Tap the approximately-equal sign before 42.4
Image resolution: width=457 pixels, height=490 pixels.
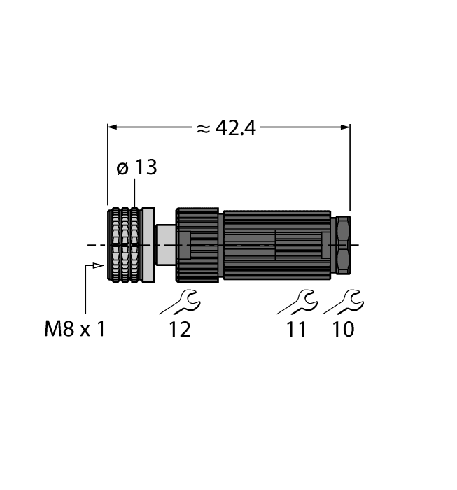tap(202, 128)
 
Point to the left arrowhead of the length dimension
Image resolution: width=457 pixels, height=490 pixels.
tap(113, 127)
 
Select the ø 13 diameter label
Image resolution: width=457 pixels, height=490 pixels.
tap(136, 168)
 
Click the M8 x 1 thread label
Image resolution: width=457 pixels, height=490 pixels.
tap(74, 329)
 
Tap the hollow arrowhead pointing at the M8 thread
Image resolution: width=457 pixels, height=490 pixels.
tap(96, 266)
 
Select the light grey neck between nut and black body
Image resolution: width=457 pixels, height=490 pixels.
tap(165, 245)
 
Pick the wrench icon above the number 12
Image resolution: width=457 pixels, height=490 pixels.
tap(180, 302)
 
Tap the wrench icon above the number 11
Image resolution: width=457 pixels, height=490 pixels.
tap(297, 302)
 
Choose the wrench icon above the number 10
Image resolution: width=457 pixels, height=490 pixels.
tap(342, 302)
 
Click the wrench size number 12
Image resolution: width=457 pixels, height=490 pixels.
tap(179, 329)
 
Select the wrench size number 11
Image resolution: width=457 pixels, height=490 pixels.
tap(297, 329)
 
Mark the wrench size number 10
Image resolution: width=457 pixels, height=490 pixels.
tap(342, 329)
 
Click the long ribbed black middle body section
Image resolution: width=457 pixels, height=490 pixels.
tap(276, 245)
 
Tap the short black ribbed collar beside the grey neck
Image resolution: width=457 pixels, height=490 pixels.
tap(198, 245)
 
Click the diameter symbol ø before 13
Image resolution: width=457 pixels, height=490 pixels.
tap(122, 169)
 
